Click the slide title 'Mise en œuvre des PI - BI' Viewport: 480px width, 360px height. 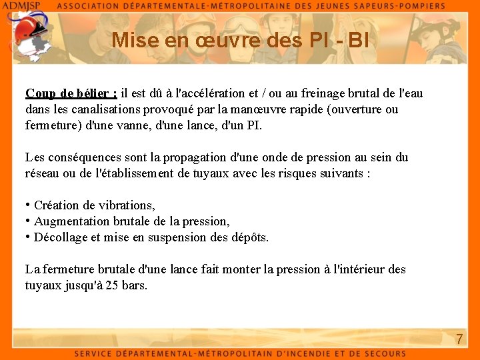pyautogui.click(x=240, y=40)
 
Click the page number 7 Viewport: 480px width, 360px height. pyautogui.click(x=459, y=339)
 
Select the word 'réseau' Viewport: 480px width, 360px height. pyautogui.click(x=43, y=173)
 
